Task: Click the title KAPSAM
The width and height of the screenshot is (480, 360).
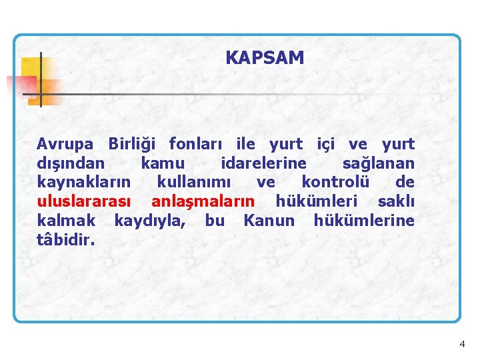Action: [x=265, y=58]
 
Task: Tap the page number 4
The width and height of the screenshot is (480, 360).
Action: [x=462, y=344]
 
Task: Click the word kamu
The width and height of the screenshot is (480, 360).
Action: [x=163, y=163]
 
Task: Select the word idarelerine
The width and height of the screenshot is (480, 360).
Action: [x=263, y=163]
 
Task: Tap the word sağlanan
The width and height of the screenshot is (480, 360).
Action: [x=378, y=163]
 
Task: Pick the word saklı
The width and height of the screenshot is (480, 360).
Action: [x=396, y=201]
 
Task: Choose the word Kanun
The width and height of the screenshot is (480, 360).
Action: [x=269, y=221]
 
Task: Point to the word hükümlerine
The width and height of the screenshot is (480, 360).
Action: [x=363, y=221]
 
